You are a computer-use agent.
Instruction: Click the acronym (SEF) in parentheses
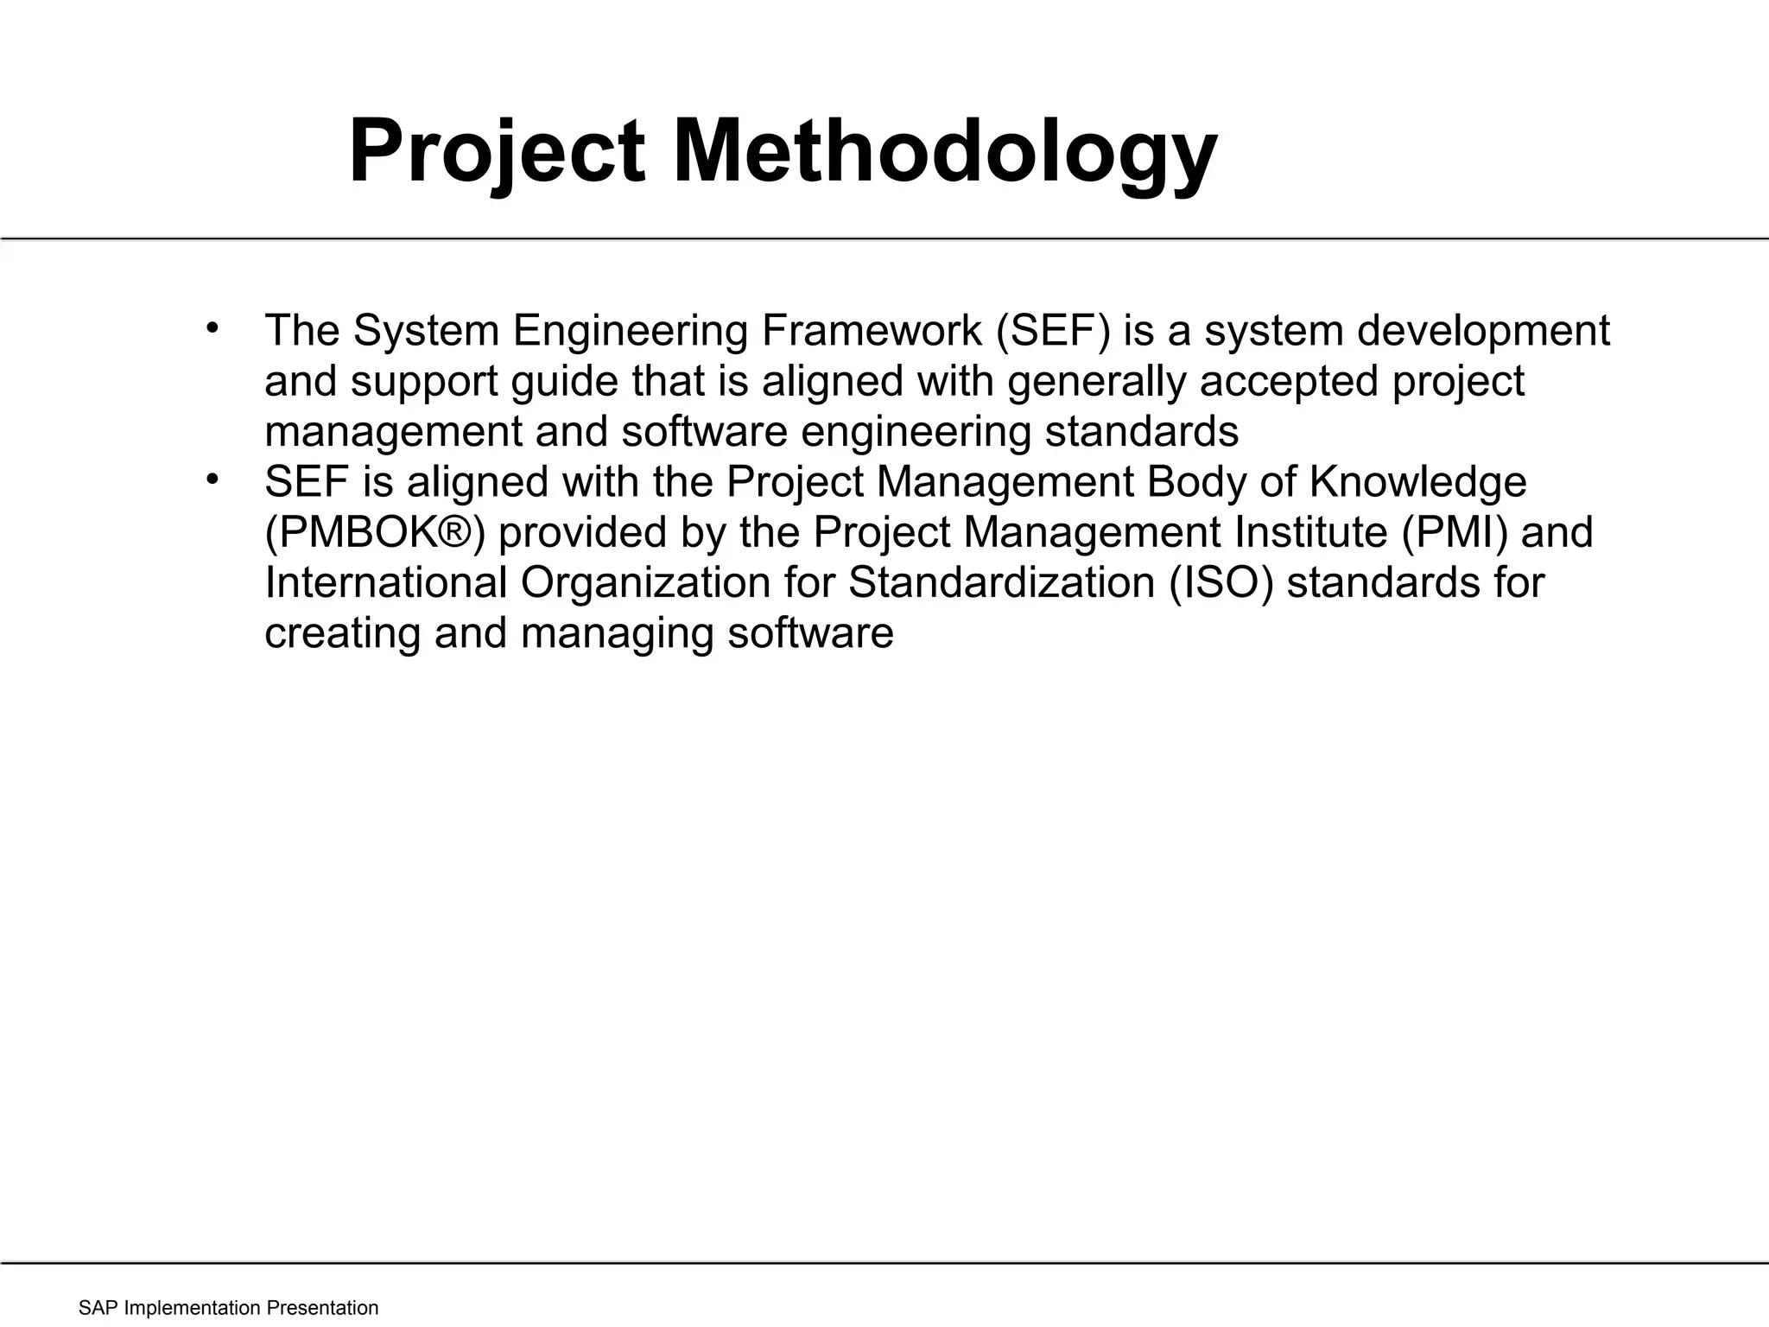pyautogui.click(x=1052, y=331)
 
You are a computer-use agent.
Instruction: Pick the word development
pyautogui.click(x=1482, y=331)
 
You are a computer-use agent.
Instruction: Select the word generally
pyautogui.click(x=1096, y=382)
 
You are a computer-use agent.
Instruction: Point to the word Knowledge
pyautogui.click(x=1417, y=482)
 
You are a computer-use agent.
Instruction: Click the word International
pyautogui.click(x=385, y=582)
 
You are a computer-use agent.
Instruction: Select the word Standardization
pyautogui.click(x=1001, y=582)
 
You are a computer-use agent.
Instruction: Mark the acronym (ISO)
pyautogui.click(x=1221, y=582)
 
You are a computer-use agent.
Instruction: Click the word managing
pyautogui.click(x=617, y=633)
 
